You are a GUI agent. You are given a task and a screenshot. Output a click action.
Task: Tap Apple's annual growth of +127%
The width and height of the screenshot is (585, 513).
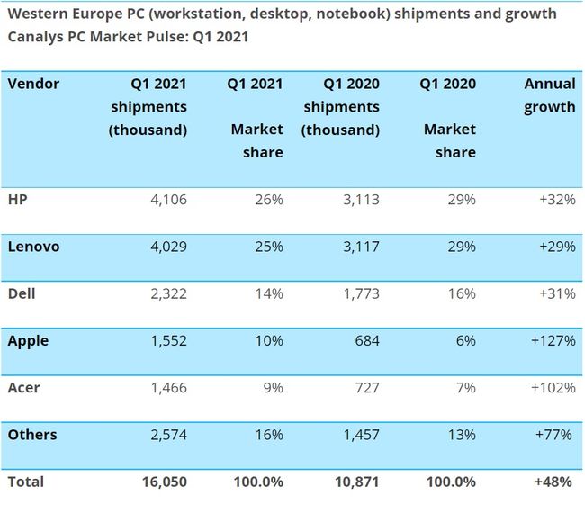[551, 341]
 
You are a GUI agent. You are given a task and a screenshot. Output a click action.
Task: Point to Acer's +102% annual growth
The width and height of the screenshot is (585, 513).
[551, 388]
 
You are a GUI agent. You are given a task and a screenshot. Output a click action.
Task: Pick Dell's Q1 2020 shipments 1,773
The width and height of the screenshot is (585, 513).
[357, 293]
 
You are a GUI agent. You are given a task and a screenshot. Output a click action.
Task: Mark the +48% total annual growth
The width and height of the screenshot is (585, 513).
[553, 481]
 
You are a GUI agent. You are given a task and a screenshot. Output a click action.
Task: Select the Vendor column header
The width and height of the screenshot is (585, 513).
[33, 84]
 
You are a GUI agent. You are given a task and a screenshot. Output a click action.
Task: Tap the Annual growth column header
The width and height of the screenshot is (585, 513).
[549, 95]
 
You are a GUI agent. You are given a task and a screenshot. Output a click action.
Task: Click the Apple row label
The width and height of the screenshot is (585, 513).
[28, 341]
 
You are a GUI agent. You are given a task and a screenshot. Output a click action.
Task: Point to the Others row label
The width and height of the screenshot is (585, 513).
[32, 435]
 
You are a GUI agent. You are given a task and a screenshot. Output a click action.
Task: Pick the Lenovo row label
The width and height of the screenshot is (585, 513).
[33, 247]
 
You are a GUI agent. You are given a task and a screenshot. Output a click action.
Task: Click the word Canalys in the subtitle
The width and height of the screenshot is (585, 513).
[37, 37]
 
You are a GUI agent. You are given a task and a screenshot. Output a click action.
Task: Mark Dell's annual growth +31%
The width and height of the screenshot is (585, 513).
[555, 293]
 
